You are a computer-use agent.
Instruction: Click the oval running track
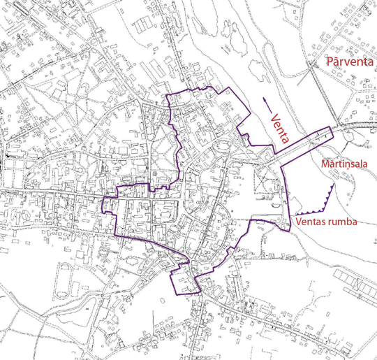coord(64,268)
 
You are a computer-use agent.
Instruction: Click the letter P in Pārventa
coord(330,64)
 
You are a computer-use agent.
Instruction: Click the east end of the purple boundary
coord(332,127)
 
